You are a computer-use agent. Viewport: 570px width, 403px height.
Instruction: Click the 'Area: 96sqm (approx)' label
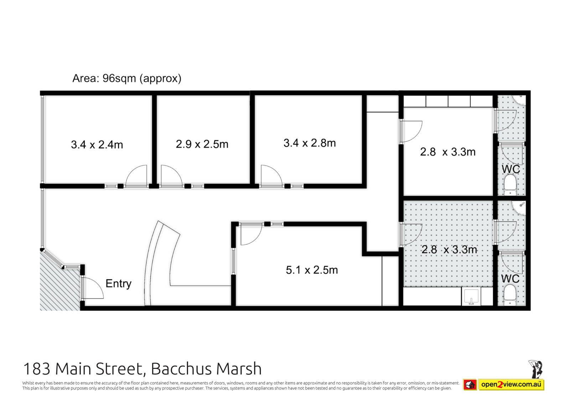coord(127,78)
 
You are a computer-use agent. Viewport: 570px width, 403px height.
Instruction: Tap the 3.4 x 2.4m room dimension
coord(97,145)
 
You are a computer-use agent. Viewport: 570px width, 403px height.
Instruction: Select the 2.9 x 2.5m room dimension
coord(202,144)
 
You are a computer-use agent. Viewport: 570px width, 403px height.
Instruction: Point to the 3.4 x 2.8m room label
coord(310,143)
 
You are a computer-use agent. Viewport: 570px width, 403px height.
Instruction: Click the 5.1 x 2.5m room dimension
coord(312,270)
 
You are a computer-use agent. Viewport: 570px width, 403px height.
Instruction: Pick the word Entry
coord(118,284)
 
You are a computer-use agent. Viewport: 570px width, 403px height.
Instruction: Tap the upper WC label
coord(511,169)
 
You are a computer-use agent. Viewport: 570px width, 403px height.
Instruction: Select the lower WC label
coord(510,279)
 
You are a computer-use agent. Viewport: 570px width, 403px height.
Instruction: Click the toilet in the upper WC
coord(510,185)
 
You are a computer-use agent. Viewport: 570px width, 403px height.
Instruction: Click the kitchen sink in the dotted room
coord(471,296)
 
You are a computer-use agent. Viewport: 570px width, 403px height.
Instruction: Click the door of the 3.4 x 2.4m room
coord(136,176)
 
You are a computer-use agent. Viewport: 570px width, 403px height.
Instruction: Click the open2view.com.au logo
coord(504,384)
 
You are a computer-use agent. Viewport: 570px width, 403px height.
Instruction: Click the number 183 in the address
coord(37,369)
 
